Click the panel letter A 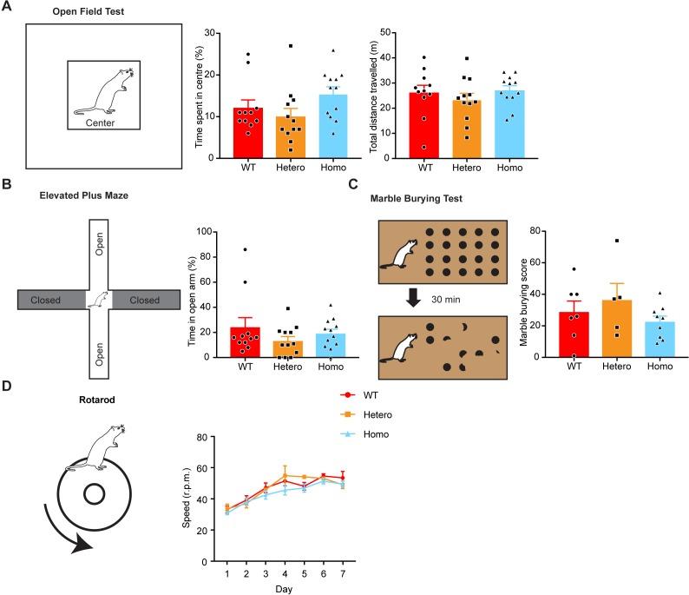(8, 7)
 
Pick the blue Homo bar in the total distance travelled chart (509, 124)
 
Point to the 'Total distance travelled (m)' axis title (374, 95)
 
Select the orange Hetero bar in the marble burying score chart (573, 329)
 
